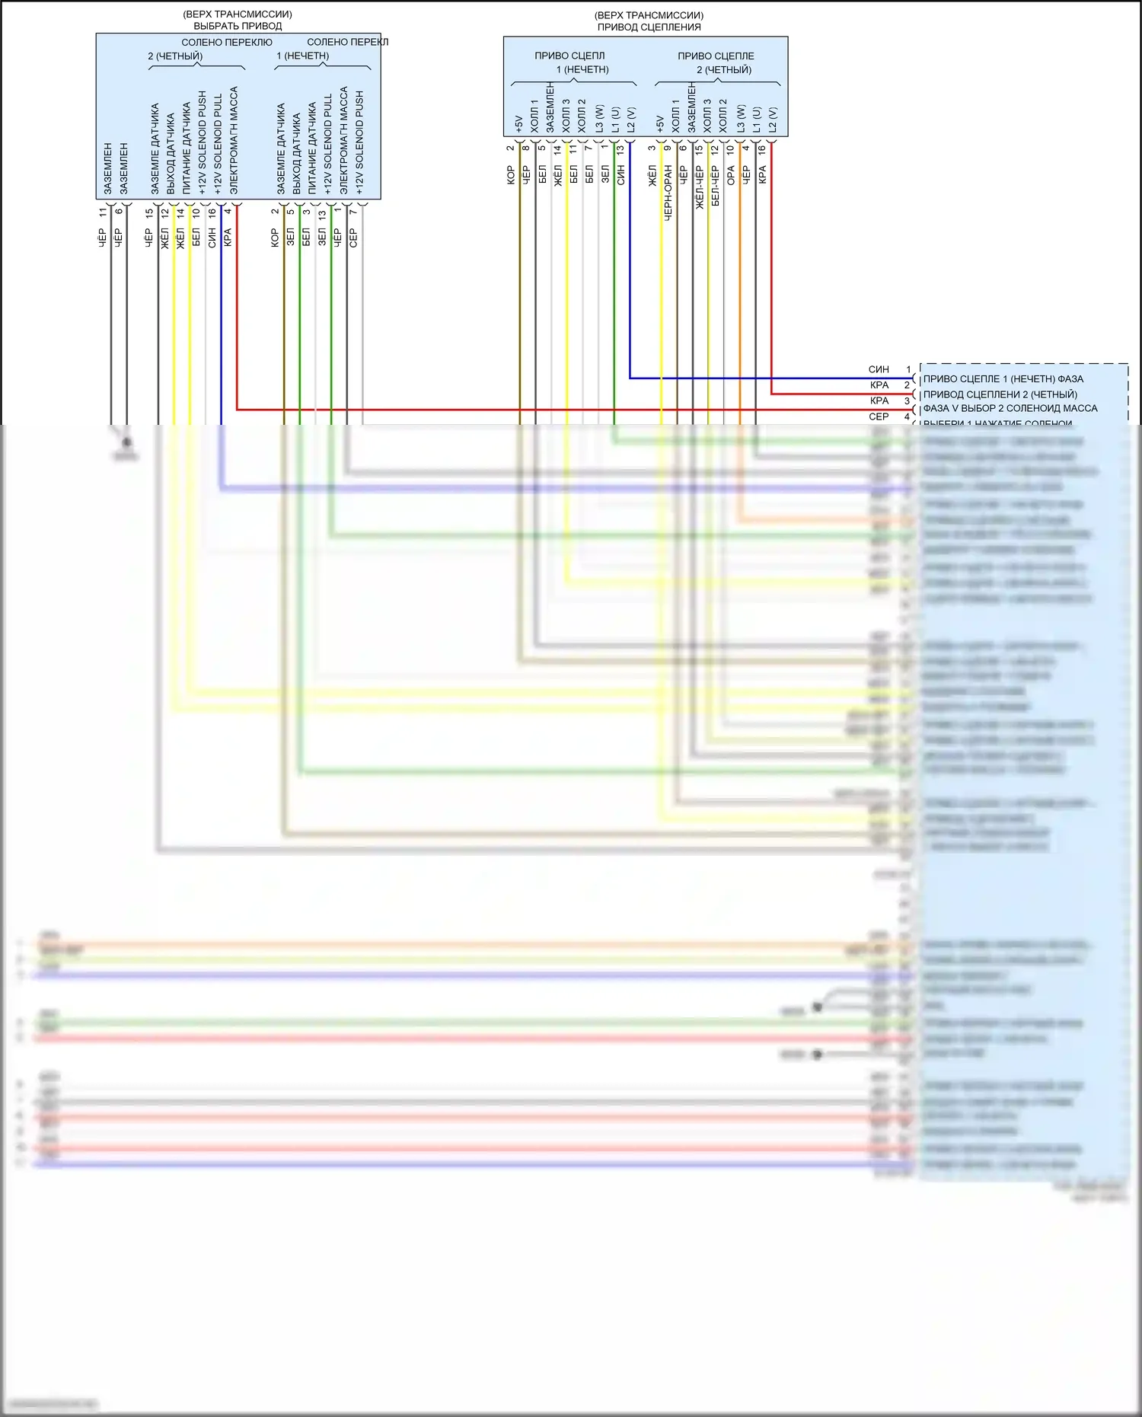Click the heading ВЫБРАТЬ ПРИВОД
coord(238,26)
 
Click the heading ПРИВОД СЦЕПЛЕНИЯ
coord(649,27)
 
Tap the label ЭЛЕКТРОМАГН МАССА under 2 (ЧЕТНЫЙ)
coord(234,140)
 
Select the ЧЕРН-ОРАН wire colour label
coord(668,193)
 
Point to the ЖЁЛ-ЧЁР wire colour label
coord(699,187)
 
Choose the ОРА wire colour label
coord(731,176)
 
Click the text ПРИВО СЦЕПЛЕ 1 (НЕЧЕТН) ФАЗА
coord(1003,378)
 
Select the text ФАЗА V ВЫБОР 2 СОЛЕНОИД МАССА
coord(1010,408)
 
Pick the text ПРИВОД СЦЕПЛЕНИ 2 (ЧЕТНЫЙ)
coord(1000,394)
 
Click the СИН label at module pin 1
coord(879,369)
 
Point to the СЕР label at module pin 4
coord(879,416)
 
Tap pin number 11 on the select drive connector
coord(103,212)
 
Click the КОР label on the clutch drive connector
coord(510,176)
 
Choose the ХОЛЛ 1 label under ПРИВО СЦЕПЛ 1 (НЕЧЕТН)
coord(534,116)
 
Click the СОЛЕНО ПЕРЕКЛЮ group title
coord(226,43)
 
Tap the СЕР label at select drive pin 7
coord(353,238)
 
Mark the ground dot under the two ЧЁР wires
coord(127,442)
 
